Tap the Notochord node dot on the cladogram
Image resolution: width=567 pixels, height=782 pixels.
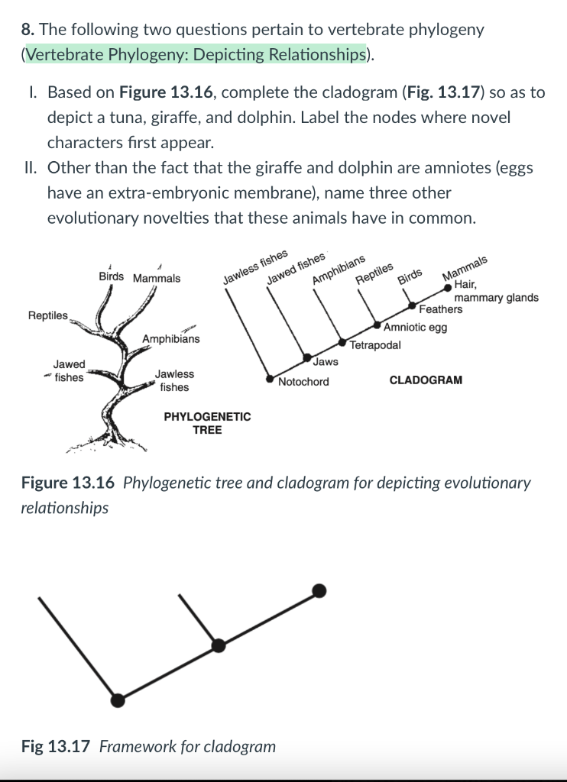pos(269,377)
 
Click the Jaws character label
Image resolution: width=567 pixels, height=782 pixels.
pos(326,361)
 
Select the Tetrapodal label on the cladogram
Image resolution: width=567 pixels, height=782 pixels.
pos(375,344)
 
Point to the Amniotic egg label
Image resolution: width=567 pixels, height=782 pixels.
pos(416,328)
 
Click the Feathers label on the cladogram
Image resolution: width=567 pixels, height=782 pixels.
pos(441,309)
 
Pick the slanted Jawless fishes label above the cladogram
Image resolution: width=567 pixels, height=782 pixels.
pos(255,267)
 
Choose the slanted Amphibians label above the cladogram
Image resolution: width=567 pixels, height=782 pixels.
pos(339,270)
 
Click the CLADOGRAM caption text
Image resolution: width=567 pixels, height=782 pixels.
pos(426,380)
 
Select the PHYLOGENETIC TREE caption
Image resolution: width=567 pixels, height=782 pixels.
pos(207,423)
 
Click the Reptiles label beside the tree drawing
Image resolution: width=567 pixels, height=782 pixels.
pos(47,315)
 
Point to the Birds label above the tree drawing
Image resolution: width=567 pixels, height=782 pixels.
pos(113,277)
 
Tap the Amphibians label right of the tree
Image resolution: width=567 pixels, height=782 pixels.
pos(170,338)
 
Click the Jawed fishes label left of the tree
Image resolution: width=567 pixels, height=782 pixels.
pos(69,371)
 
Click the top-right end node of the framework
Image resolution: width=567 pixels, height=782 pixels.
pos(320,590)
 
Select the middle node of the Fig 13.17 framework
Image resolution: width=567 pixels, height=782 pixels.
pos(219,645)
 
